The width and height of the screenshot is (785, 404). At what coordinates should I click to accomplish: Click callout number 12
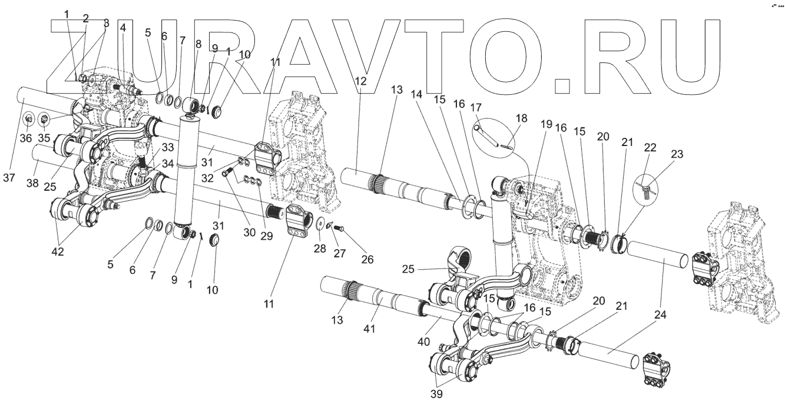click(x=360, y=81)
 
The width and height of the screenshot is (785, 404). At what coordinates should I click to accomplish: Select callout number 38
click(x=32, y=183)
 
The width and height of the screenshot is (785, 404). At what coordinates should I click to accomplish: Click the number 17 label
click(x=476, y=108)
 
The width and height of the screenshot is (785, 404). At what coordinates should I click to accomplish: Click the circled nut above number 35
click(x=44, y=120)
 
